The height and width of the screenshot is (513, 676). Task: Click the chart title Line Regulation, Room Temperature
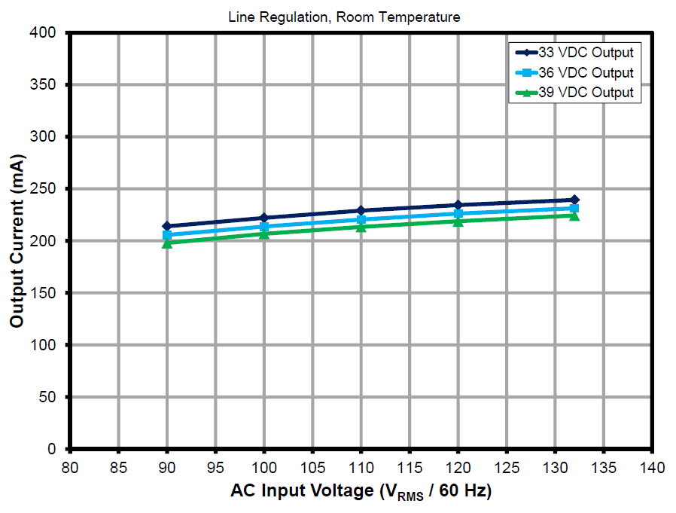coord(344,17)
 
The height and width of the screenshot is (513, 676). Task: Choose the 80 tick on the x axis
coord(69,467)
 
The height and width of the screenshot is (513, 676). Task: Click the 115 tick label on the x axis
coord(410,467)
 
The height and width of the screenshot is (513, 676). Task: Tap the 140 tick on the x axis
coord(653,467)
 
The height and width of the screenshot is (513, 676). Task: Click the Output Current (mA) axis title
coord(17,240)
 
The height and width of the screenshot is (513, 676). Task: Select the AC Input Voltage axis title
coord(361,491)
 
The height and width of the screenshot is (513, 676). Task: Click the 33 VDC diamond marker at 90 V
coord(166,226)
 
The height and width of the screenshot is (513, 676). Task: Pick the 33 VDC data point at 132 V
coord(574,200)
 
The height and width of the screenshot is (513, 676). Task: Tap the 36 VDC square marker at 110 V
coord(361,219)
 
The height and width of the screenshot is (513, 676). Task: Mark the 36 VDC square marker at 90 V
coord(166,235)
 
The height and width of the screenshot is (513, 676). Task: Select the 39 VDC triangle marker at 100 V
coord(263,234)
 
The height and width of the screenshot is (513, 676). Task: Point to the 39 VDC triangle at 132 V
coord(574,215)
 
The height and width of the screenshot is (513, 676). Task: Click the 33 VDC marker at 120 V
coord(458,205)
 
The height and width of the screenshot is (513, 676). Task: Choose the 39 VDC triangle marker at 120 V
coord(458,221)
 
